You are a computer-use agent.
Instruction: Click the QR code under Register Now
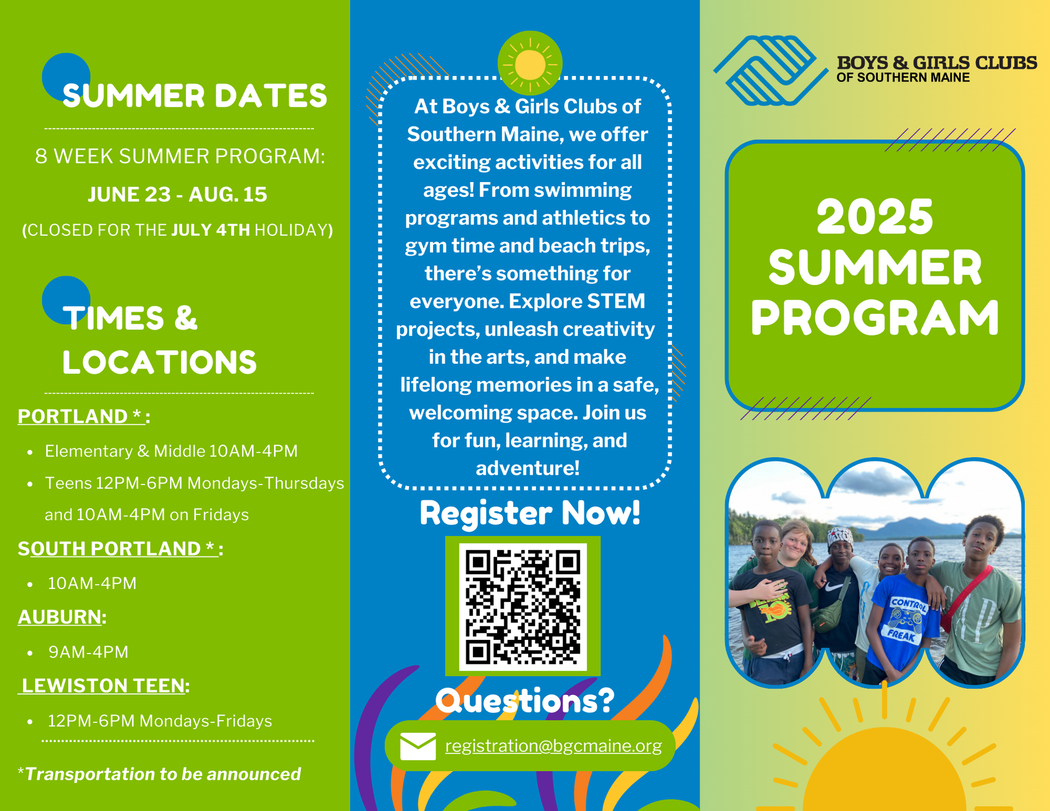tap(523, 606)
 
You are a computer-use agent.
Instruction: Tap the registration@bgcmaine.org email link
tap(553, 746)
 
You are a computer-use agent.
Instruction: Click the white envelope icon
tap(418, 746)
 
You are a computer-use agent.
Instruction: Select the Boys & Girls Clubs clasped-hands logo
tap(771, 70)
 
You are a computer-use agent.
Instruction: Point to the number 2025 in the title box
tap(874, 217)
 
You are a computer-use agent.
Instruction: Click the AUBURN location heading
tap(60, 617)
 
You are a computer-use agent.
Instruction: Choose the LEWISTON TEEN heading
tap(103, 686)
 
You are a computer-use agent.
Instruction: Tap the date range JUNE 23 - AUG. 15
tap(178, 195)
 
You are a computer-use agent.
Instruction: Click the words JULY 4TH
tap(211, 230)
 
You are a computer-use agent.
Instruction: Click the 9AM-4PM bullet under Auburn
tap(88, 652)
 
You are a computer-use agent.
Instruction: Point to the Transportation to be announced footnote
tap(160, 774)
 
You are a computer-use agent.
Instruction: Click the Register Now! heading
tap(530, 513)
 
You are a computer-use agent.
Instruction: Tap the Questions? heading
tap(525, 701)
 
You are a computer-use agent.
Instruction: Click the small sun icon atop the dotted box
tap(530, 63)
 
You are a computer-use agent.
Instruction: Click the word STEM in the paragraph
tap(616, 301)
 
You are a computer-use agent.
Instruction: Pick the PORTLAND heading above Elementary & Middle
tap(81, 416)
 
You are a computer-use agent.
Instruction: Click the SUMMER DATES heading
tap(195, 96)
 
